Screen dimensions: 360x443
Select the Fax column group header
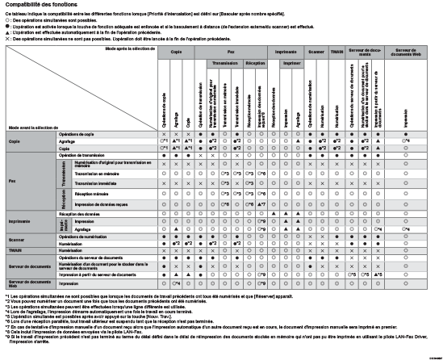[232, 51]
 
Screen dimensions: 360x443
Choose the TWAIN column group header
[336, 51]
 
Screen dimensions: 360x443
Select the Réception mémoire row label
[92, 194]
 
